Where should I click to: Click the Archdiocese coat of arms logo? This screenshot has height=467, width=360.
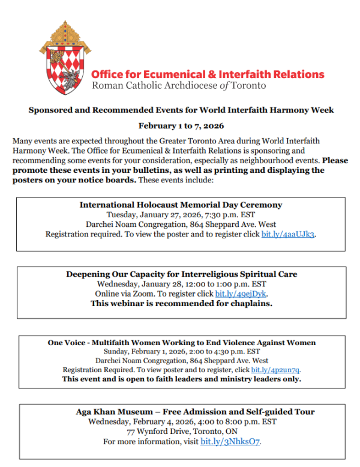coord(62,60)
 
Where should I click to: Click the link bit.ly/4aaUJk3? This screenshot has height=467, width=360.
coord(288,234)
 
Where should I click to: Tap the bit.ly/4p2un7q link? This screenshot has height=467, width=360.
coord(275,370)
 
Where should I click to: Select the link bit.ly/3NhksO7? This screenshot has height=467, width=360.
coord(230,442)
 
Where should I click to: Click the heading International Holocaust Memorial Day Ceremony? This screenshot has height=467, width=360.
coord(181,205)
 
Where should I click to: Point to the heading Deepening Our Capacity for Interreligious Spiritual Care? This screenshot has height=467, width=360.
coord(181,274)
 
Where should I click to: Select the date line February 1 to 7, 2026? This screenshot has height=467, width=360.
coord(181,126)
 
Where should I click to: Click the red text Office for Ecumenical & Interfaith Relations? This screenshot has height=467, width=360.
coord(208,74)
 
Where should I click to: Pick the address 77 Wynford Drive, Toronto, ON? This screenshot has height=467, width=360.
coord(181,432)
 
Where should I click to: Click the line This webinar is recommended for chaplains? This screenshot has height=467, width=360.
coord(181,304)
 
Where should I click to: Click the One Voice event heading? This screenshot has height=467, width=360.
coord(182,343)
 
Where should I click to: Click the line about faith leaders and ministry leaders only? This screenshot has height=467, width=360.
coord(181,379)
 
